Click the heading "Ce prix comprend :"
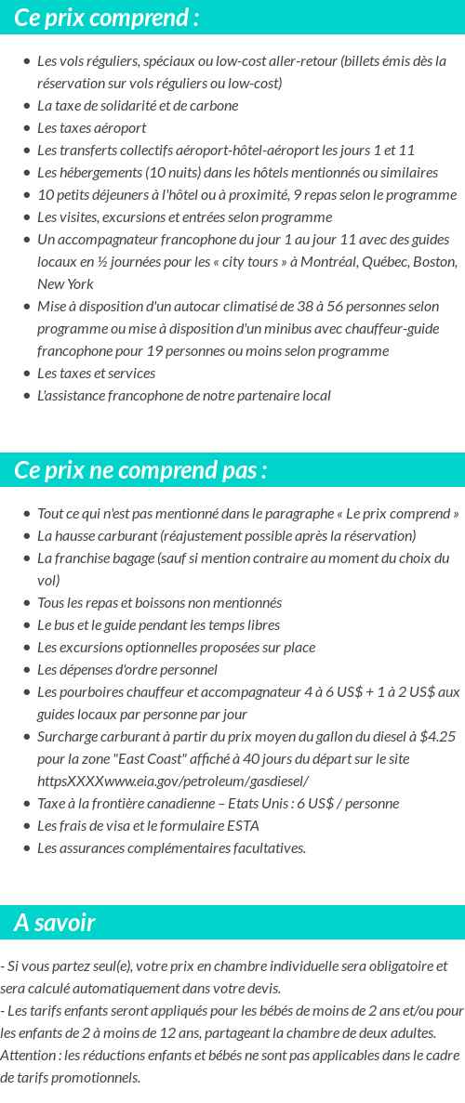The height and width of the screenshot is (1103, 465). point(107,18)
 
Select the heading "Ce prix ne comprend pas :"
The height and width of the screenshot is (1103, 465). point(140,470)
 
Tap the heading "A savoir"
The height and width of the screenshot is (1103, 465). point(55,923)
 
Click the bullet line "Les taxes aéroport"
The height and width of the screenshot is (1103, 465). point(91,127)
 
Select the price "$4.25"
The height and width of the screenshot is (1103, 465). point(437,736)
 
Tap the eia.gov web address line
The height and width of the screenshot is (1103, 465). point(172,781)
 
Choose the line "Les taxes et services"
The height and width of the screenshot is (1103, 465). point(96,373)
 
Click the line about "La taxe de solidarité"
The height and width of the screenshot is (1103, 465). point(137,105)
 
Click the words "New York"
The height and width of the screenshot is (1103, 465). point(65,283)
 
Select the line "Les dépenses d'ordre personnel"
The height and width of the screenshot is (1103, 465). point(126,669)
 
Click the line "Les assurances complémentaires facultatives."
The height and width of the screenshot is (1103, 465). point(171,847)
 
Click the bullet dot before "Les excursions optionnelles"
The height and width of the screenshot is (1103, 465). point(27,647)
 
